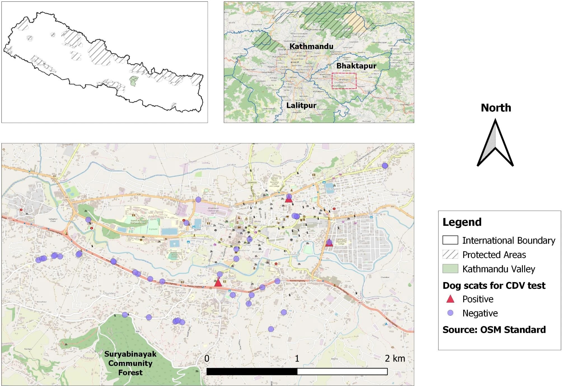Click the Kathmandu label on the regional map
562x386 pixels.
coord(311,46)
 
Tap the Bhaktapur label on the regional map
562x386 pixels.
coord(356,66)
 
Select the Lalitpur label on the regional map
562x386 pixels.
coord(301,105)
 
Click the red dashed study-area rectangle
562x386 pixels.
coord(344,73)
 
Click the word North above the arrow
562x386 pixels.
coord(496,108)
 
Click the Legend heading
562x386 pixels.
coord(462,222)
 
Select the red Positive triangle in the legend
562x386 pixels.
coord(450,299)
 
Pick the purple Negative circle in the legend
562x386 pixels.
coord(450,313)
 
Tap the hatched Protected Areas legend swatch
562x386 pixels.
coord(450,254)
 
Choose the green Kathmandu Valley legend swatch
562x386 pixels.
coord(450,269)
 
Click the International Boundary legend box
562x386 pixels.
coord(450,240)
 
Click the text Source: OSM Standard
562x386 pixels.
coord(494,330)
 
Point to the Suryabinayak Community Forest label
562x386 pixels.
coord(130,363)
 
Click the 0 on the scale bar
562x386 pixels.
coord(207,358)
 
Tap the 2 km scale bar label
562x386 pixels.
coord(395,358)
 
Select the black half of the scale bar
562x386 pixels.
coord(252,372)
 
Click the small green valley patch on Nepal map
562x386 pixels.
coord(134,81)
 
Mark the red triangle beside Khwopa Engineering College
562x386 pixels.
coord(329,243)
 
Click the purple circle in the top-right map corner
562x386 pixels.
coord(385,166)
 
